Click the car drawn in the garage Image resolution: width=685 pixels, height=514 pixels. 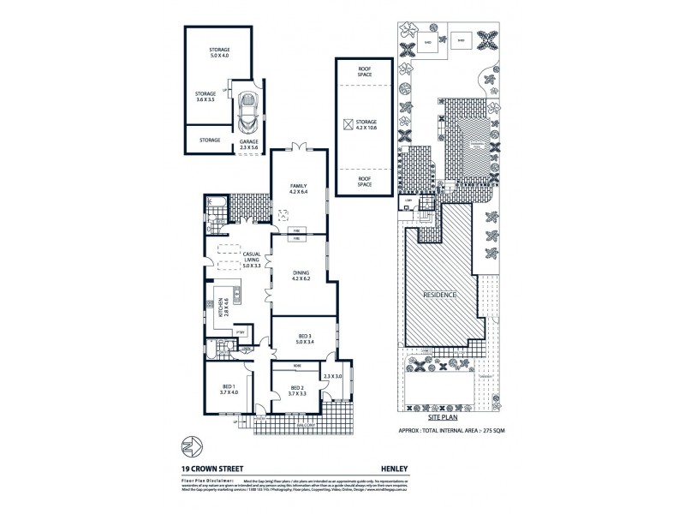pyautogui.click(x=249, y=109)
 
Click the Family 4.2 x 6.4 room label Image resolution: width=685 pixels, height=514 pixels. pyautogui.click(x=299, y=188)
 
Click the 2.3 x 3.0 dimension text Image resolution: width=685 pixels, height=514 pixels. pyautogui.click(x=332, y=376)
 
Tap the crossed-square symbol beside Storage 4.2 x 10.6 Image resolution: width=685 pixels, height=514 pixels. pyautogui.click(x=348, y=125)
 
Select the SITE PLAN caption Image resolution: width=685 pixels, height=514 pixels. pyautogui.click(x=452, y=415)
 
